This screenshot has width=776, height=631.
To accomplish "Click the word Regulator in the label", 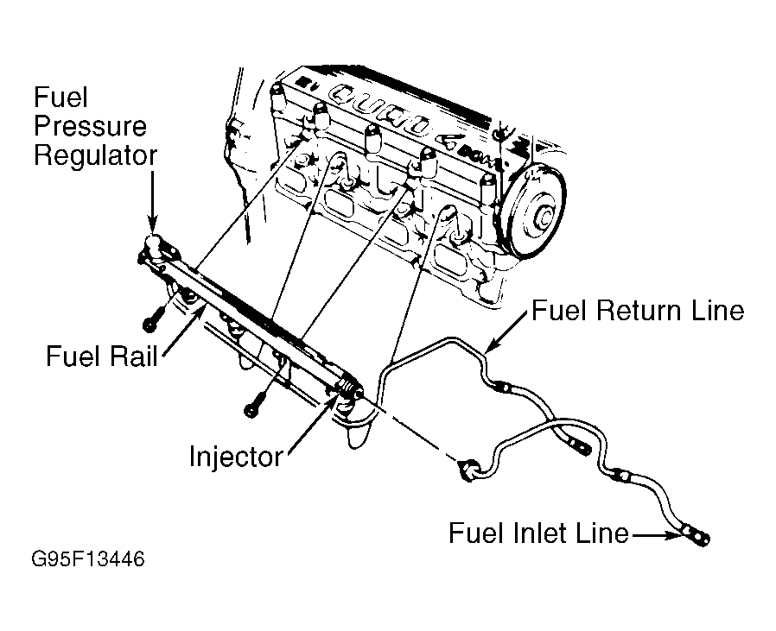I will pyautogui.click(x=95, y=156).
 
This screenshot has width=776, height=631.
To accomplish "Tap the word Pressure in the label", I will pyautogui.click(x=90, y=126).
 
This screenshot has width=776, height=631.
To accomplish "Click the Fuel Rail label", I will pyautogui.click(x=102, y=356).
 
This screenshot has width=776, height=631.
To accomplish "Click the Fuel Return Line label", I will pyautogui.click(x=638, y=311).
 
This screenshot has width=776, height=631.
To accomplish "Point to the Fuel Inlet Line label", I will pyautogui.click(x=538, y=533).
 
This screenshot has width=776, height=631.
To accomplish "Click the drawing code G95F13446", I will pyautogui.click(x=87, y=559).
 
